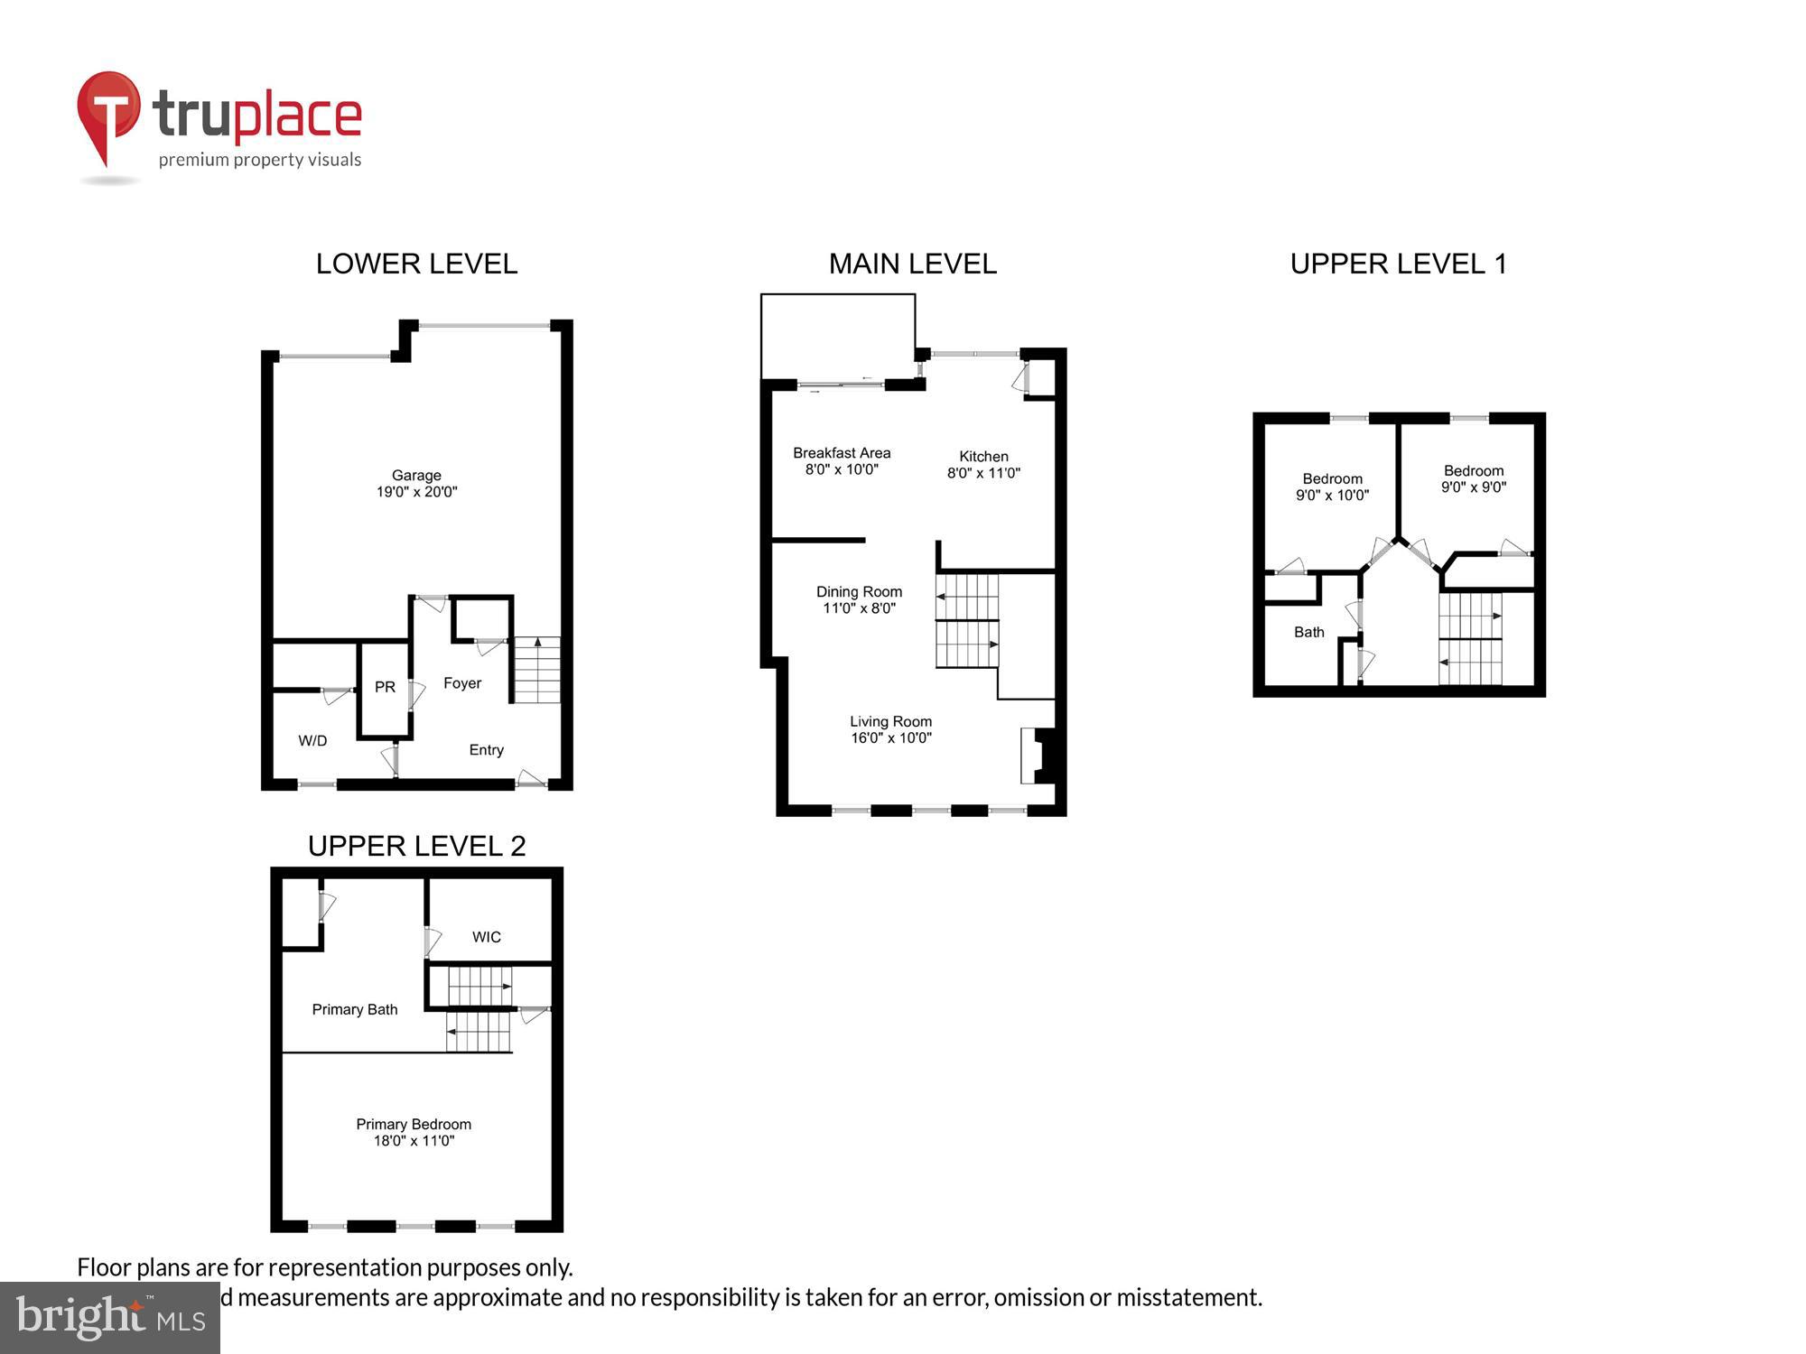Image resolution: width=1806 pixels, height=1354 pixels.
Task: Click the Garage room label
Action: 416,476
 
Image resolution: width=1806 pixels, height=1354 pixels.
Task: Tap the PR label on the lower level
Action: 385,687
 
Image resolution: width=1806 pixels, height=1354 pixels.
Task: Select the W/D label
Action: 312,741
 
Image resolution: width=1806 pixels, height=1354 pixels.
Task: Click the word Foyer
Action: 462,683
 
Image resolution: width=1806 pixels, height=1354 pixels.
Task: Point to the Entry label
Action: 486,750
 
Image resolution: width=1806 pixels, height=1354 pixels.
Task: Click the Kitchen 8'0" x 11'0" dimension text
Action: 983,473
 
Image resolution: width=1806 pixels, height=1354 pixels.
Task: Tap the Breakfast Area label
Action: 842,453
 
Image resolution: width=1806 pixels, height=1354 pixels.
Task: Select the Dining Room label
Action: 859,592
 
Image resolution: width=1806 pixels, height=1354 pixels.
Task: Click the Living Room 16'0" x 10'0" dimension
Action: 890,738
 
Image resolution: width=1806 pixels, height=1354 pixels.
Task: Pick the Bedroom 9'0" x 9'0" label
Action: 1474,479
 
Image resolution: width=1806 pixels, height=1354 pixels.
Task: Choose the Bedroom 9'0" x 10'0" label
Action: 1332,487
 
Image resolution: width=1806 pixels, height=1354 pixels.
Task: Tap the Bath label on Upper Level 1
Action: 1308,633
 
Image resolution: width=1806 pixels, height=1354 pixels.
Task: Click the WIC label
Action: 486,937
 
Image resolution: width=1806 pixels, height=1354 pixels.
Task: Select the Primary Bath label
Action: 355,1009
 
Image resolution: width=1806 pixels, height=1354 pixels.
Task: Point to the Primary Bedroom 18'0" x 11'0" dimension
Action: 414,1141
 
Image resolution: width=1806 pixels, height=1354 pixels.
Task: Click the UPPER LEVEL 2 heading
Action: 416,846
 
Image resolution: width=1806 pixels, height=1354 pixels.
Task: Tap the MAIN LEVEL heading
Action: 912,264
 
